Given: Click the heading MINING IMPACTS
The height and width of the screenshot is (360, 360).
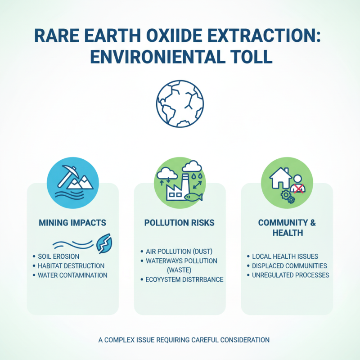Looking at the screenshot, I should (72, 223).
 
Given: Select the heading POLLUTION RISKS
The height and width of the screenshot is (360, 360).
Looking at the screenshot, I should (180, 223).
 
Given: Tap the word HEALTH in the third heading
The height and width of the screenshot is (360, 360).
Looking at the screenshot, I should (287, 233).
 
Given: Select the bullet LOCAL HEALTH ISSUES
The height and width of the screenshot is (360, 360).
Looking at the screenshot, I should (285, 256).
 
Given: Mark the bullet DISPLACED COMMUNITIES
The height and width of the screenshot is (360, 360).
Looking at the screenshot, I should (289, 266).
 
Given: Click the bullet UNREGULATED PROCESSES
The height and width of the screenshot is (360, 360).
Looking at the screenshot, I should (291, 275).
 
